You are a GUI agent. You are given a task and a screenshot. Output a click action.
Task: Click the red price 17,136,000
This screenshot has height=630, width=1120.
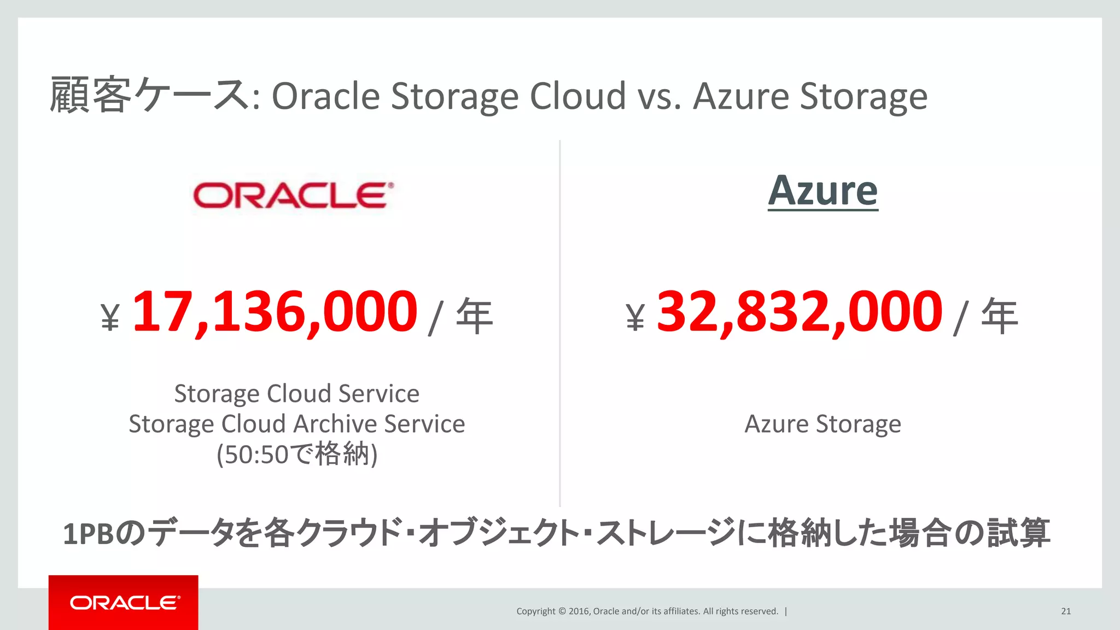(275, 312)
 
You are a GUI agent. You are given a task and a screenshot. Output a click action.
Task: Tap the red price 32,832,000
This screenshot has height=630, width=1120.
(800, 312)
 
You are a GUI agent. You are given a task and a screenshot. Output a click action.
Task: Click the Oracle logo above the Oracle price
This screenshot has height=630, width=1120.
(293, 196)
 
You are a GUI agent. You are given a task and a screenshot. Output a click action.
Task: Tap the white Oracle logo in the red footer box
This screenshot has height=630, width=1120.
(124, 603)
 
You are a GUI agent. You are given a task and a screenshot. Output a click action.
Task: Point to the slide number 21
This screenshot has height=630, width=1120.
(1066, 611)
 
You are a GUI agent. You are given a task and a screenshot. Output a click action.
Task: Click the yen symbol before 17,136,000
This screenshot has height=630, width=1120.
(110, 318)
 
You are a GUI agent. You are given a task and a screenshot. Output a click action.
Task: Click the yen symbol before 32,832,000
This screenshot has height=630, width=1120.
(635, 318)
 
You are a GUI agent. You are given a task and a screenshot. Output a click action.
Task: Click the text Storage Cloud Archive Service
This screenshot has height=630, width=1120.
(296, 424)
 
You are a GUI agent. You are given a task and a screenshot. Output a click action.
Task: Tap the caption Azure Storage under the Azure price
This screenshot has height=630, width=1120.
(822, 424)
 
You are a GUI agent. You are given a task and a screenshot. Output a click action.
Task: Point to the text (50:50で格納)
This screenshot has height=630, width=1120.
(296, 454)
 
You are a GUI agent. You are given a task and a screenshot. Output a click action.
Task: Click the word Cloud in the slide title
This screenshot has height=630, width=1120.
(577, 96)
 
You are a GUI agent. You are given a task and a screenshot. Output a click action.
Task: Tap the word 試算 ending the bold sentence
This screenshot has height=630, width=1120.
(1018, 533)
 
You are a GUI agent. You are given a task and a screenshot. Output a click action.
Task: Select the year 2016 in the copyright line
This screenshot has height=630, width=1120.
(579, 611)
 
